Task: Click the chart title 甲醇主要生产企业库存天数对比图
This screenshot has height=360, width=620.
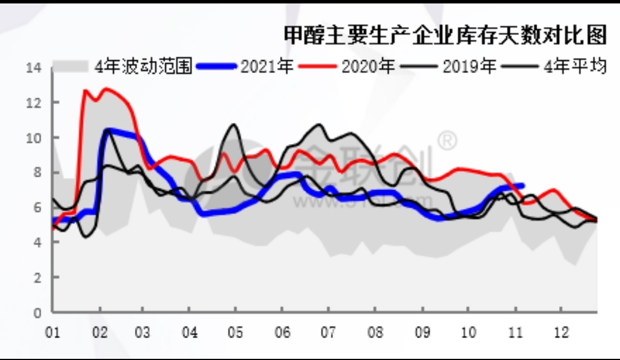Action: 445,36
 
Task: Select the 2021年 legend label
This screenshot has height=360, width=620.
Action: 267,67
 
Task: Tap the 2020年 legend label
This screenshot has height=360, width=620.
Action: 368,67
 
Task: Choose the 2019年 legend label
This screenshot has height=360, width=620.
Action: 469,67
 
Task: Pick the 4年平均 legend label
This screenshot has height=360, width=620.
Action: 575,67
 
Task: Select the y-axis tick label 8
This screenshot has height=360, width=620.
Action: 38,173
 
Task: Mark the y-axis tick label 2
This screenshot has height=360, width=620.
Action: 38,277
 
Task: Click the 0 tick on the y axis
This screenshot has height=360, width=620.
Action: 38,313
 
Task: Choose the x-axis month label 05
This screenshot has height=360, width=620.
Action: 235,333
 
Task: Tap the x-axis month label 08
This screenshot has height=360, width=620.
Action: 374,333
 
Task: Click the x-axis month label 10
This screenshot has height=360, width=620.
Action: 468,333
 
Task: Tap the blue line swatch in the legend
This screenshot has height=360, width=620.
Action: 216,67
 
